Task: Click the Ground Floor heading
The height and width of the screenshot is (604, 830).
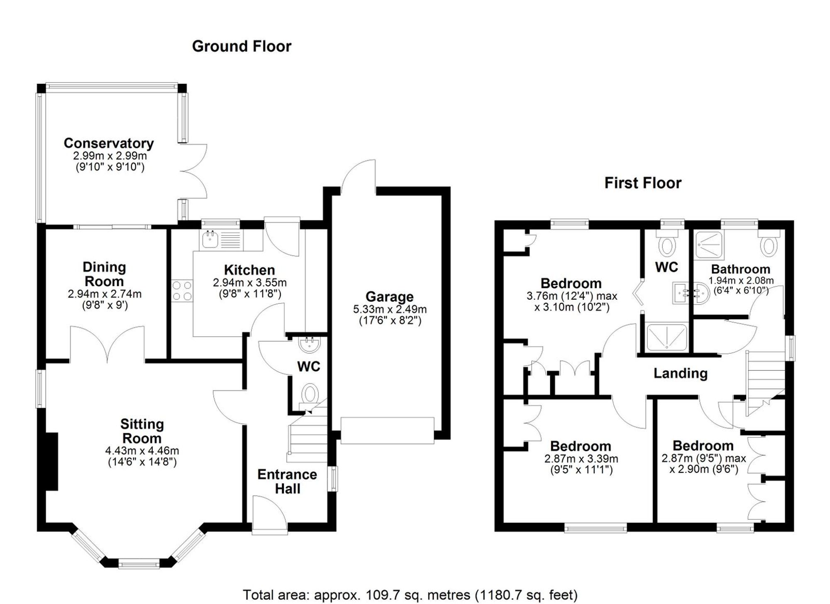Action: tap(242, 46)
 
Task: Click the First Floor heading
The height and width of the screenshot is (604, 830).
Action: tap(642, 183)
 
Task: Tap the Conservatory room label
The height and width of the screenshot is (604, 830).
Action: tap(109, 143)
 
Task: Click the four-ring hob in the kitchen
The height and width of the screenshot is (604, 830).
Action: tap(182, 291)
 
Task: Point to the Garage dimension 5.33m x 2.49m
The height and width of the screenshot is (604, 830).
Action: tap(389, 309)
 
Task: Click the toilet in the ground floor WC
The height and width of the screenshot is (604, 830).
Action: tap(310, 393)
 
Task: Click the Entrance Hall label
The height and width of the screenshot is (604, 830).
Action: tap(287, 481)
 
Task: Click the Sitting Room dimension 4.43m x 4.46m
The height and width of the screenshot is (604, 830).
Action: tap(142, 451)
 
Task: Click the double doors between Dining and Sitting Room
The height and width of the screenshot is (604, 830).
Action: tap(107, 345)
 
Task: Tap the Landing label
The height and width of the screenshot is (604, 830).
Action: tap(680, 373)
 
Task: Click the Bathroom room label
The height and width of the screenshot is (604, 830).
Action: tap(740, 269)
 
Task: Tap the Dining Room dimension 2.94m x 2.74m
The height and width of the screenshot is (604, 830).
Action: tap(105, 294)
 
